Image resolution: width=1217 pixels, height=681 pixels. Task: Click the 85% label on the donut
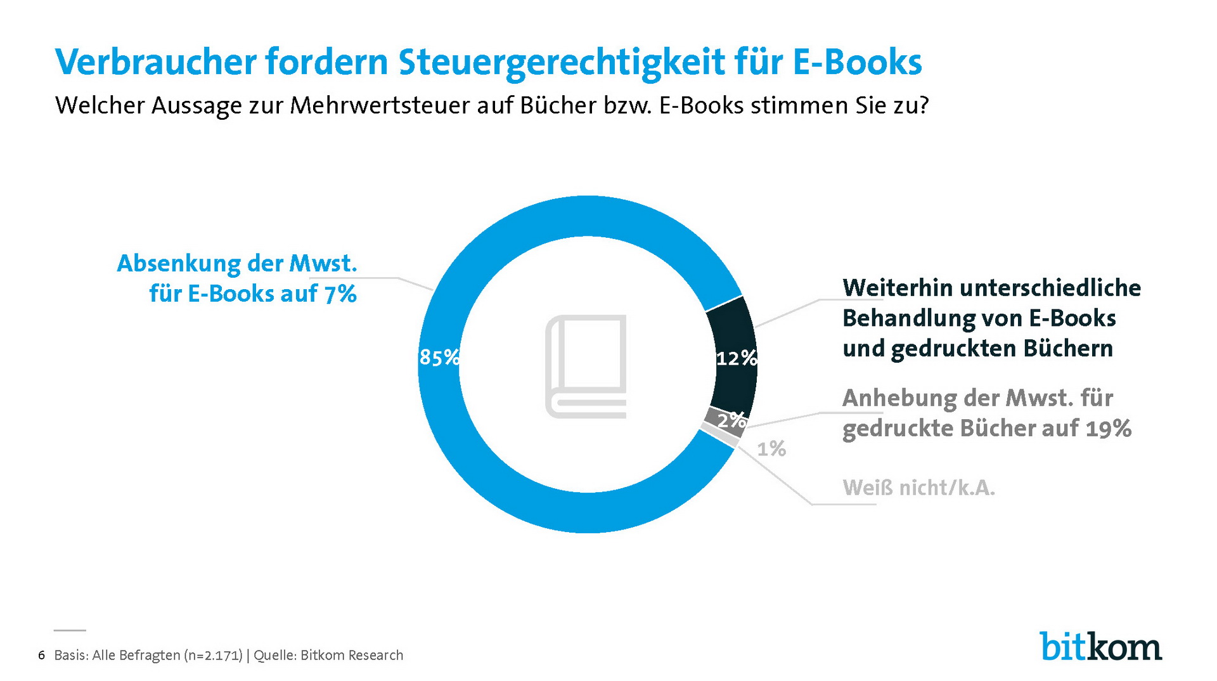(x=439, y=358)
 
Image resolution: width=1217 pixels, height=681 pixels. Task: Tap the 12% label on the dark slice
(x=737, y=358)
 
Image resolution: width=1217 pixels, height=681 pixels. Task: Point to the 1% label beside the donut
(x=771, y=449)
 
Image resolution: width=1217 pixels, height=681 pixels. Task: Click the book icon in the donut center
(x=586, y=366)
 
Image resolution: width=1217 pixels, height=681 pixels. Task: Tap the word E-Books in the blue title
(x=857, y=62)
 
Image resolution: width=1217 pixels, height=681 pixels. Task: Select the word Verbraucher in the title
(x=155, y=62)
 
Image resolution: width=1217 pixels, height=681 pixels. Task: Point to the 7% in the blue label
(x=340, y=294)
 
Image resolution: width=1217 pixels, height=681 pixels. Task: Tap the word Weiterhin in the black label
(x=897, y=288)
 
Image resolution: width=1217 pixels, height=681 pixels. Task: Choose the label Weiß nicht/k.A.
(x=918, y=488)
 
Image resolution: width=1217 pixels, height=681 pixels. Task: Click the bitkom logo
(x=1100, y=647)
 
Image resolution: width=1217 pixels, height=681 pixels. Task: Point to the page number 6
(x=42, y=655)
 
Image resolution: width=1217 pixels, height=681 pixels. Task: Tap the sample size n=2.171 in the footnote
(x=213, y=655)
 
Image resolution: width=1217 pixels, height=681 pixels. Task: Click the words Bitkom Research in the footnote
(x=351, y=655)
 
